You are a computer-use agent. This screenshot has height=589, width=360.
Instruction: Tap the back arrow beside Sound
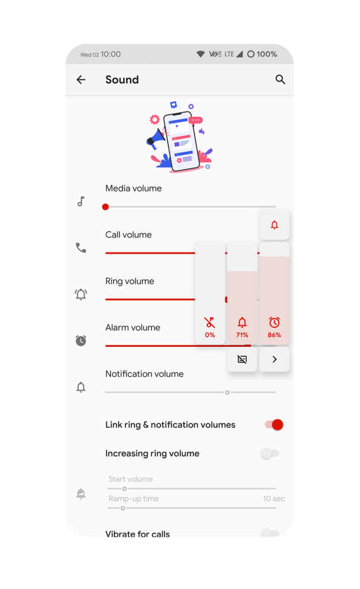point(81,79)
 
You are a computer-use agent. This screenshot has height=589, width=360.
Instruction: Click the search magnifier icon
point(280,79)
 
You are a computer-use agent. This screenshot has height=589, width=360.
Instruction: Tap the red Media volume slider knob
point(105,206)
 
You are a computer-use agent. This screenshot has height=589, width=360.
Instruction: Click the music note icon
point(81,202)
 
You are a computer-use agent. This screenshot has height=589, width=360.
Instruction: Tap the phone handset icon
point(81,248)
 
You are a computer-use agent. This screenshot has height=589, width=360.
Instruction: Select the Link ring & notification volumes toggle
point(274,424)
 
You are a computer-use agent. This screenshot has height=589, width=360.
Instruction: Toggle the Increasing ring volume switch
point(270,453)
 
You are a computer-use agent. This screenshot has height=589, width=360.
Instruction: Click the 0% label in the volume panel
point(210,335)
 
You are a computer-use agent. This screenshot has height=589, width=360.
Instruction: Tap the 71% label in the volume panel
point(242,335)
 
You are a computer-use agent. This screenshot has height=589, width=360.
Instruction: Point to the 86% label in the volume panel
point(274,335)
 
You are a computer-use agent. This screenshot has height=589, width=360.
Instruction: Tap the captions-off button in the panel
point(242,359)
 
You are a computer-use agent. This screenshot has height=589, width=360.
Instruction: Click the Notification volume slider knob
point(227,392)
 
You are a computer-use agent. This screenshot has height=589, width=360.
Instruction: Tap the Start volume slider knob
point(124,488)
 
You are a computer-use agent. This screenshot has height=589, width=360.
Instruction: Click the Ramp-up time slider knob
point(122,508)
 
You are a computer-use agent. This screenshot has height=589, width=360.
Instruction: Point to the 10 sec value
point(274,499)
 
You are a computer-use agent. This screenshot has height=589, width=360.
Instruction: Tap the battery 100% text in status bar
point(266,54)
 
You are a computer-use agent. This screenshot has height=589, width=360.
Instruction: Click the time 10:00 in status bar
point(111,54)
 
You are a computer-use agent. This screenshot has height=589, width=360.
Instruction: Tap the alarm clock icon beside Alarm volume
point(81,341)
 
